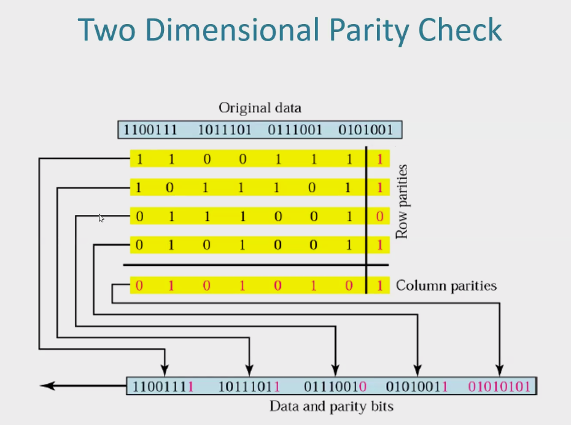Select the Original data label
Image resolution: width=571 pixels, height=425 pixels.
pyautogui.click(x=260, y=108)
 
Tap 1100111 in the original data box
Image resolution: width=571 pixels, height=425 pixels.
pyautogui.click(x=150, y=130)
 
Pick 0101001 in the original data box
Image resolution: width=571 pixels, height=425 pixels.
pyautogui.click(x=365, y=130)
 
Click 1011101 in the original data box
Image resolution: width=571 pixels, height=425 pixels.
pyautogui.click(x=225, y=130)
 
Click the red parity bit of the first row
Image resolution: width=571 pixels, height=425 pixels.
pyautogui.click(x=380, y=159)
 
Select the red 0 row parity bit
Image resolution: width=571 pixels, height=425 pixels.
pyautogui.click(x=380, y=216)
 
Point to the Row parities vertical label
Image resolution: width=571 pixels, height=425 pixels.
pyautogui.click(x=402, y=202)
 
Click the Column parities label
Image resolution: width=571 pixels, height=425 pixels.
pyautogui.click(x=446, y=286)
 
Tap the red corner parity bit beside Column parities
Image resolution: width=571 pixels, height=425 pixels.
pyautogui.click(x=380, y=286)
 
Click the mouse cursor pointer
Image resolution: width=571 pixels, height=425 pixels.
pyautogui.click(x=101, y=218)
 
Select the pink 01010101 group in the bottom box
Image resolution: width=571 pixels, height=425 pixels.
pyautogui.click(x=499, y=386)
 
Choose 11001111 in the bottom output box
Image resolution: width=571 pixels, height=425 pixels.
pyautogui.click(x=163, y=386)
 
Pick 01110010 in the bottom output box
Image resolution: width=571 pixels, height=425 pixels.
pyautogui.click(x=335, y=386)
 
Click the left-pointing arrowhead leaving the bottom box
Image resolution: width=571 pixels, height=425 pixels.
pyautogui.click(x=47, y=386)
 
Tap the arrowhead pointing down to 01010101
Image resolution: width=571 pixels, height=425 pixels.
pyautogui.click(x=500, y=370)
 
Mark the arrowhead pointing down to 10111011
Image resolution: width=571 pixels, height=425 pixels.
pyautogui.click(x=249, y=370)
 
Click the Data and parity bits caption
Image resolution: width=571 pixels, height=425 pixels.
pyautogui.click(x=332, y=407)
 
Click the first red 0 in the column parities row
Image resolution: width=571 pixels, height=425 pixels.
pyautogui.click(x=139, y=286)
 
